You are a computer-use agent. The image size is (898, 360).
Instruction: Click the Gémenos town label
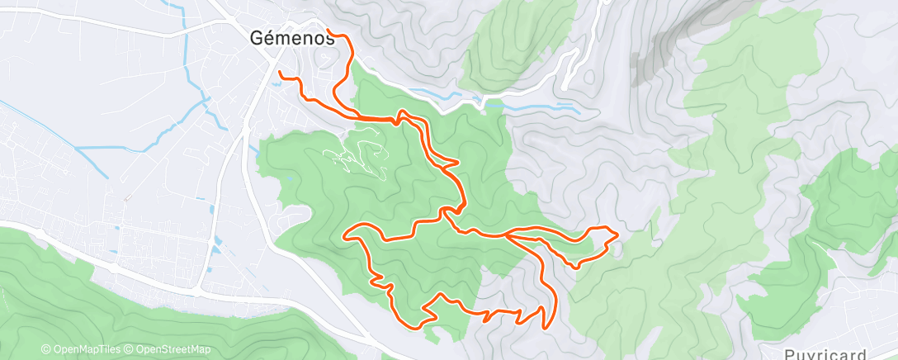click(x=286, y=37)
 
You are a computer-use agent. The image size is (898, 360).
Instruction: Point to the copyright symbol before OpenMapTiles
click(x=46, y=350)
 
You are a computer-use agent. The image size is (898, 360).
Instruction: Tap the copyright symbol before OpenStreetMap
click(x=129, y=350)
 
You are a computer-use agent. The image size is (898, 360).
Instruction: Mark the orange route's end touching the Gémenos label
click(x=329, y=31)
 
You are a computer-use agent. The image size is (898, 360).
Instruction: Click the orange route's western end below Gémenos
click(x=281, y=73)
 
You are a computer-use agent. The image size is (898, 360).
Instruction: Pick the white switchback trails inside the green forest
click(x=359, y=153)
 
